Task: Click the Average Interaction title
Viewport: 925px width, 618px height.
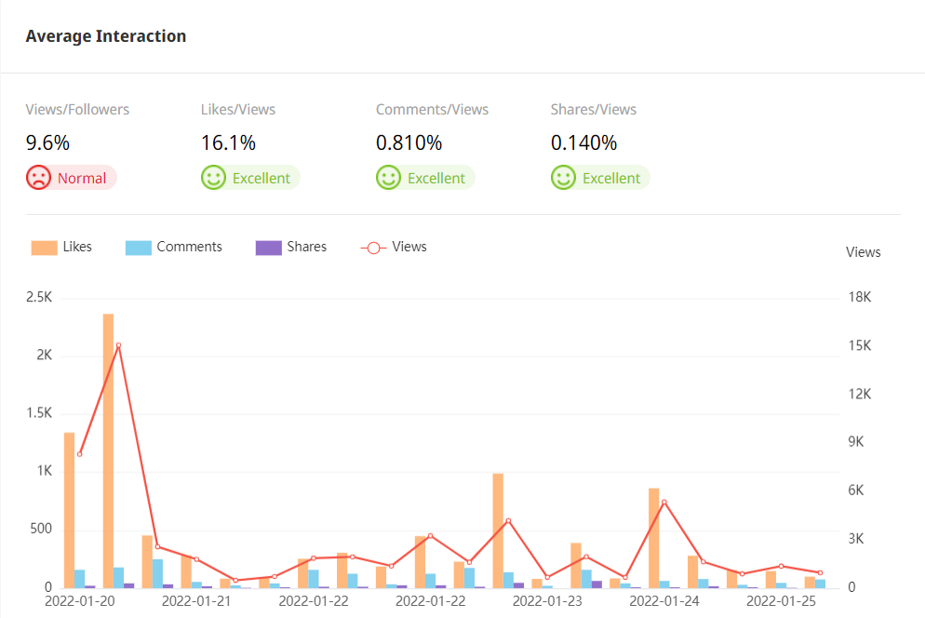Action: click(106, 36)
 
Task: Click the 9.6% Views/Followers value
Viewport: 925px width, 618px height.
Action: click(47, 143)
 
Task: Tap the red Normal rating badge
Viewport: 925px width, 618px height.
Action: click(71, 178)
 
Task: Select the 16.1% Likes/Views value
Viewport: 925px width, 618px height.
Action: click(228, 143)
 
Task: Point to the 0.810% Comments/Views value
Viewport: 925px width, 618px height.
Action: click(409, 143)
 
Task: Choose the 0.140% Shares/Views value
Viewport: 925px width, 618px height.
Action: click(583, 143)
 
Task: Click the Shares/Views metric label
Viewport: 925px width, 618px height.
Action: click(594, 110)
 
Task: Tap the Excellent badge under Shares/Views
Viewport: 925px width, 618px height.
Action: click(600, 178)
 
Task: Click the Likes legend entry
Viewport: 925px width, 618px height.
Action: click(62, 248)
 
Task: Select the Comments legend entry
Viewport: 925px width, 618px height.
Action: click(174, 248)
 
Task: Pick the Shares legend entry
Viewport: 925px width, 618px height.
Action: click(291, 248)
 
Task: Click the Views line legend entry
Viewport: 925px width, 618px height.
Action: click(394, 248)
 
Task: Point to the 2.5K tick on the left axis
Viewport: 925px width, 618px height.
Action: click(38, 298)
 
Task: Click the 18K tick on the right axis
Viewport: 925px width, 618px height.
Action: click(860, 298)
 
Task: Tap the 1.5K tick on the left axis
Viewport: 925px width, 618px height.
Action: click(38, 413)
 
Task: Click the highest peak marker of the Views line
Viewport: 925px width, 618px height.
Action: click(118, 345)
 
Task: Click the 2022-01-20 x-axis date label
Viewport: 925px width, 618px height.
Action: click(79, 601)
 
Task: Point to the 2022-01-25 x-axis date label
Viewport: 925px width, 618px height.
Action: click(781, 601)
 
